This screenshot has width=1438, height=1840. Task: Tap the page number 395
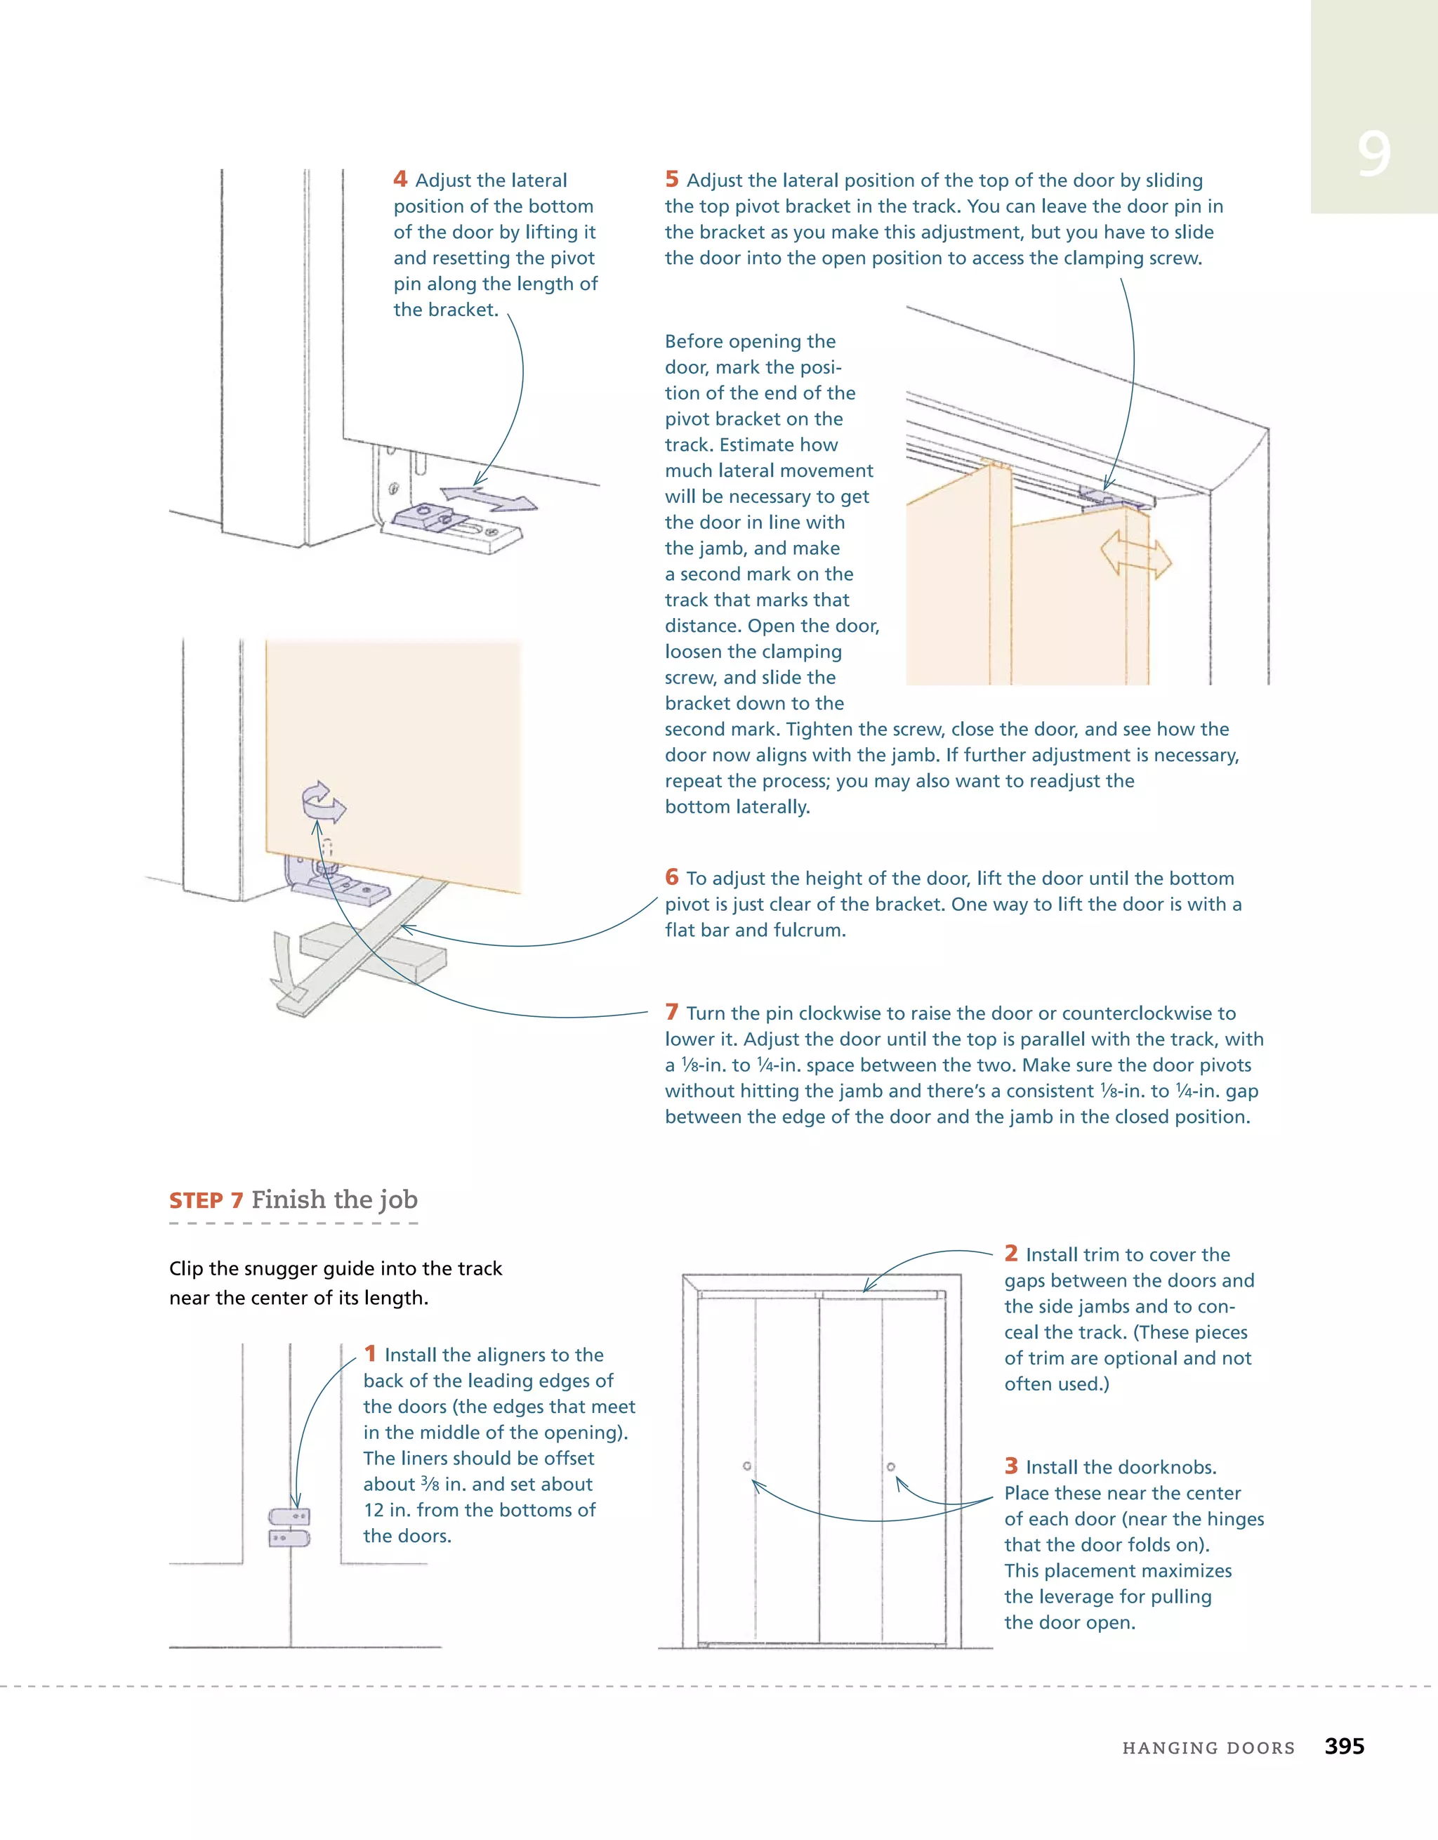pos(1344,1746)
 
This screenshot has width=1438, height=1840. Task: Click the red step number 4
pos(400,178)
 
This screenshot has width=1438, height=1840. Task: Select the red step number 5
pos(671,178)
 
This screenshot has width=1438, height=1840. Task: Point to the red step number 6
pos(671,877)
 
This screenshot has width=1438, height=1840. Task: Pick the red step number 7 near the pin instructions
pos(671,1012)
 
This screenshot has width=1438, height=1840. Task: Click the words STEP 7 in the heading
pos(206,1200)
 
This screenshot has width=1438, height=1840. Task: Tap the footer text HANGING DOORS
pos(1208,1748)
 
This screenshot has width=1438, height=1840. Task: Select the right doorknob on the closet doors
pos(890,1467)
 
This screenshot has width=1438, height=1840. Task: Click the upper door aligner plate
pos(290,1516)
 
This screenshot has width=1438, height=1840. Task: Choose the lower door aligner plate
pos(289,1539)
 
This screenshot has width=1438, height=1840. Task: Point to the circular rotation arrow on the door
pos(323,801)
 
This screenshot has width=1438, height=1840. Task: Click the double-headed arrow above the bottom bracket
pos(489,498)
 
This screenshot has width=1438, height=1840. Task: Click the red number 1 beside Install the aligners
pos(370,1354)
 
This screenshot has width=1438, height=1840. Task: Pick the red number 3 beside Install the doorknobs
pos(1011,1466)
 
